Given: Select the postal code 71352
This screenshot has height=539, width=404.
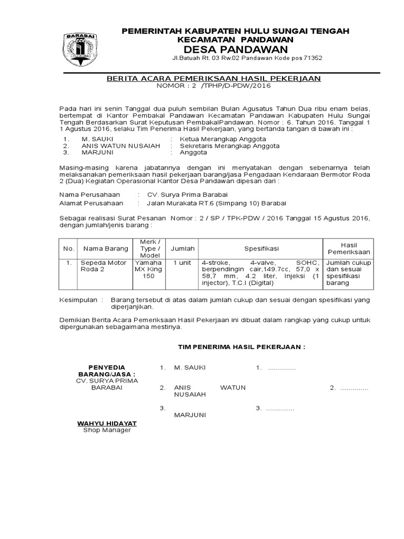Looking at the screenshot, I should (x=311, y=58).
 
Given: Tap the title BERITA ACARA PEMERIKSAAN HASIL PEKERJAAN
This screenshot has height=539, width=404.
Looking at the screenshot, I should (x=214, y=78).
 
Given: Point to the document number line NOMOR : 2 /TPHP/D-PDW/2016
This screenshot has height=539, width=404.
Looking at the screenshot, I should (x=214, y=86).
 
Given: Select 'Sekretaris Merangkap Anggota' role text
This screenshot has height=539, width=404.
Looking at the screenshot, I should (x=229, y=145).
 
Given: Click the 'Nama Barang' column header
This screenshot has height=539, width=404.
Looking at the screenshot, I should (x=106, y=248).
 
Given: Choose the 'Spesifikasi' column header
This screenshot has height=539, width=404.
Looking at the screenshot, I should (x=261, y=248).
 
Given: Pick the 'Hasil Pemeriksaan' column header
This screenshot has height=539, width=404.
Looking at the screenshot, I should (x=349, y=248).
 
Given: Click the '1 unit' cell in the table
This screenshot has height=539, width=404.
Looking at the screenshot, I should (x=182, y=263).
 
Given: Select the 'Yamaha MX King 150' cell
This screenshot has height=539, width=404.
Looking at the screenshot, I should (x=149, y=269).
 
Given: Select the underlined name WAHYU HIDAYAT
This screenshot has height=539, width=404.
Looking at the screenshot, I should (x=107, y=423).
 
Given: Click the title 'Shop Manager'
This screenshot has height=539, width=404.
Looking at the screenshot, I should (x=107, y=430).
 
